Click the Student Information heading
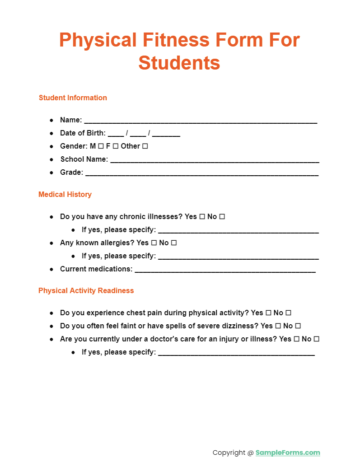coord(73,98)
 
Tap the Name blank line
coord(201,121)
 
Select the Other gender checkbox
coord(145,146)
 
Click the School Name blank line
coord(215,160)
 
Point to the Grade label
coord(71,172)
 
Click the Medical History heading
coord(65,194)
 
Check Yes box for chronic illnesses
coord(202,217)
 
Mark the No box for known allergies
coord(174,243)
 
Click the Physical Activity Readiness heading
coord(86,290)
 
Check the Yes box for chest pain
coord(268,313)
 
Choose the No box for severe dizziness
coord(298,326)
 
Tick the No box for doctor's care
coord(317,339)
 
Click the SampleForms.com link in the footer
coord(288,453)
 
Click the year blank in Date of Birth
coord(166,134)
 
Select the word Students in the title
coord(179,63)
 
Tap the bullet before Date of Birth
coord(51,133)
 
